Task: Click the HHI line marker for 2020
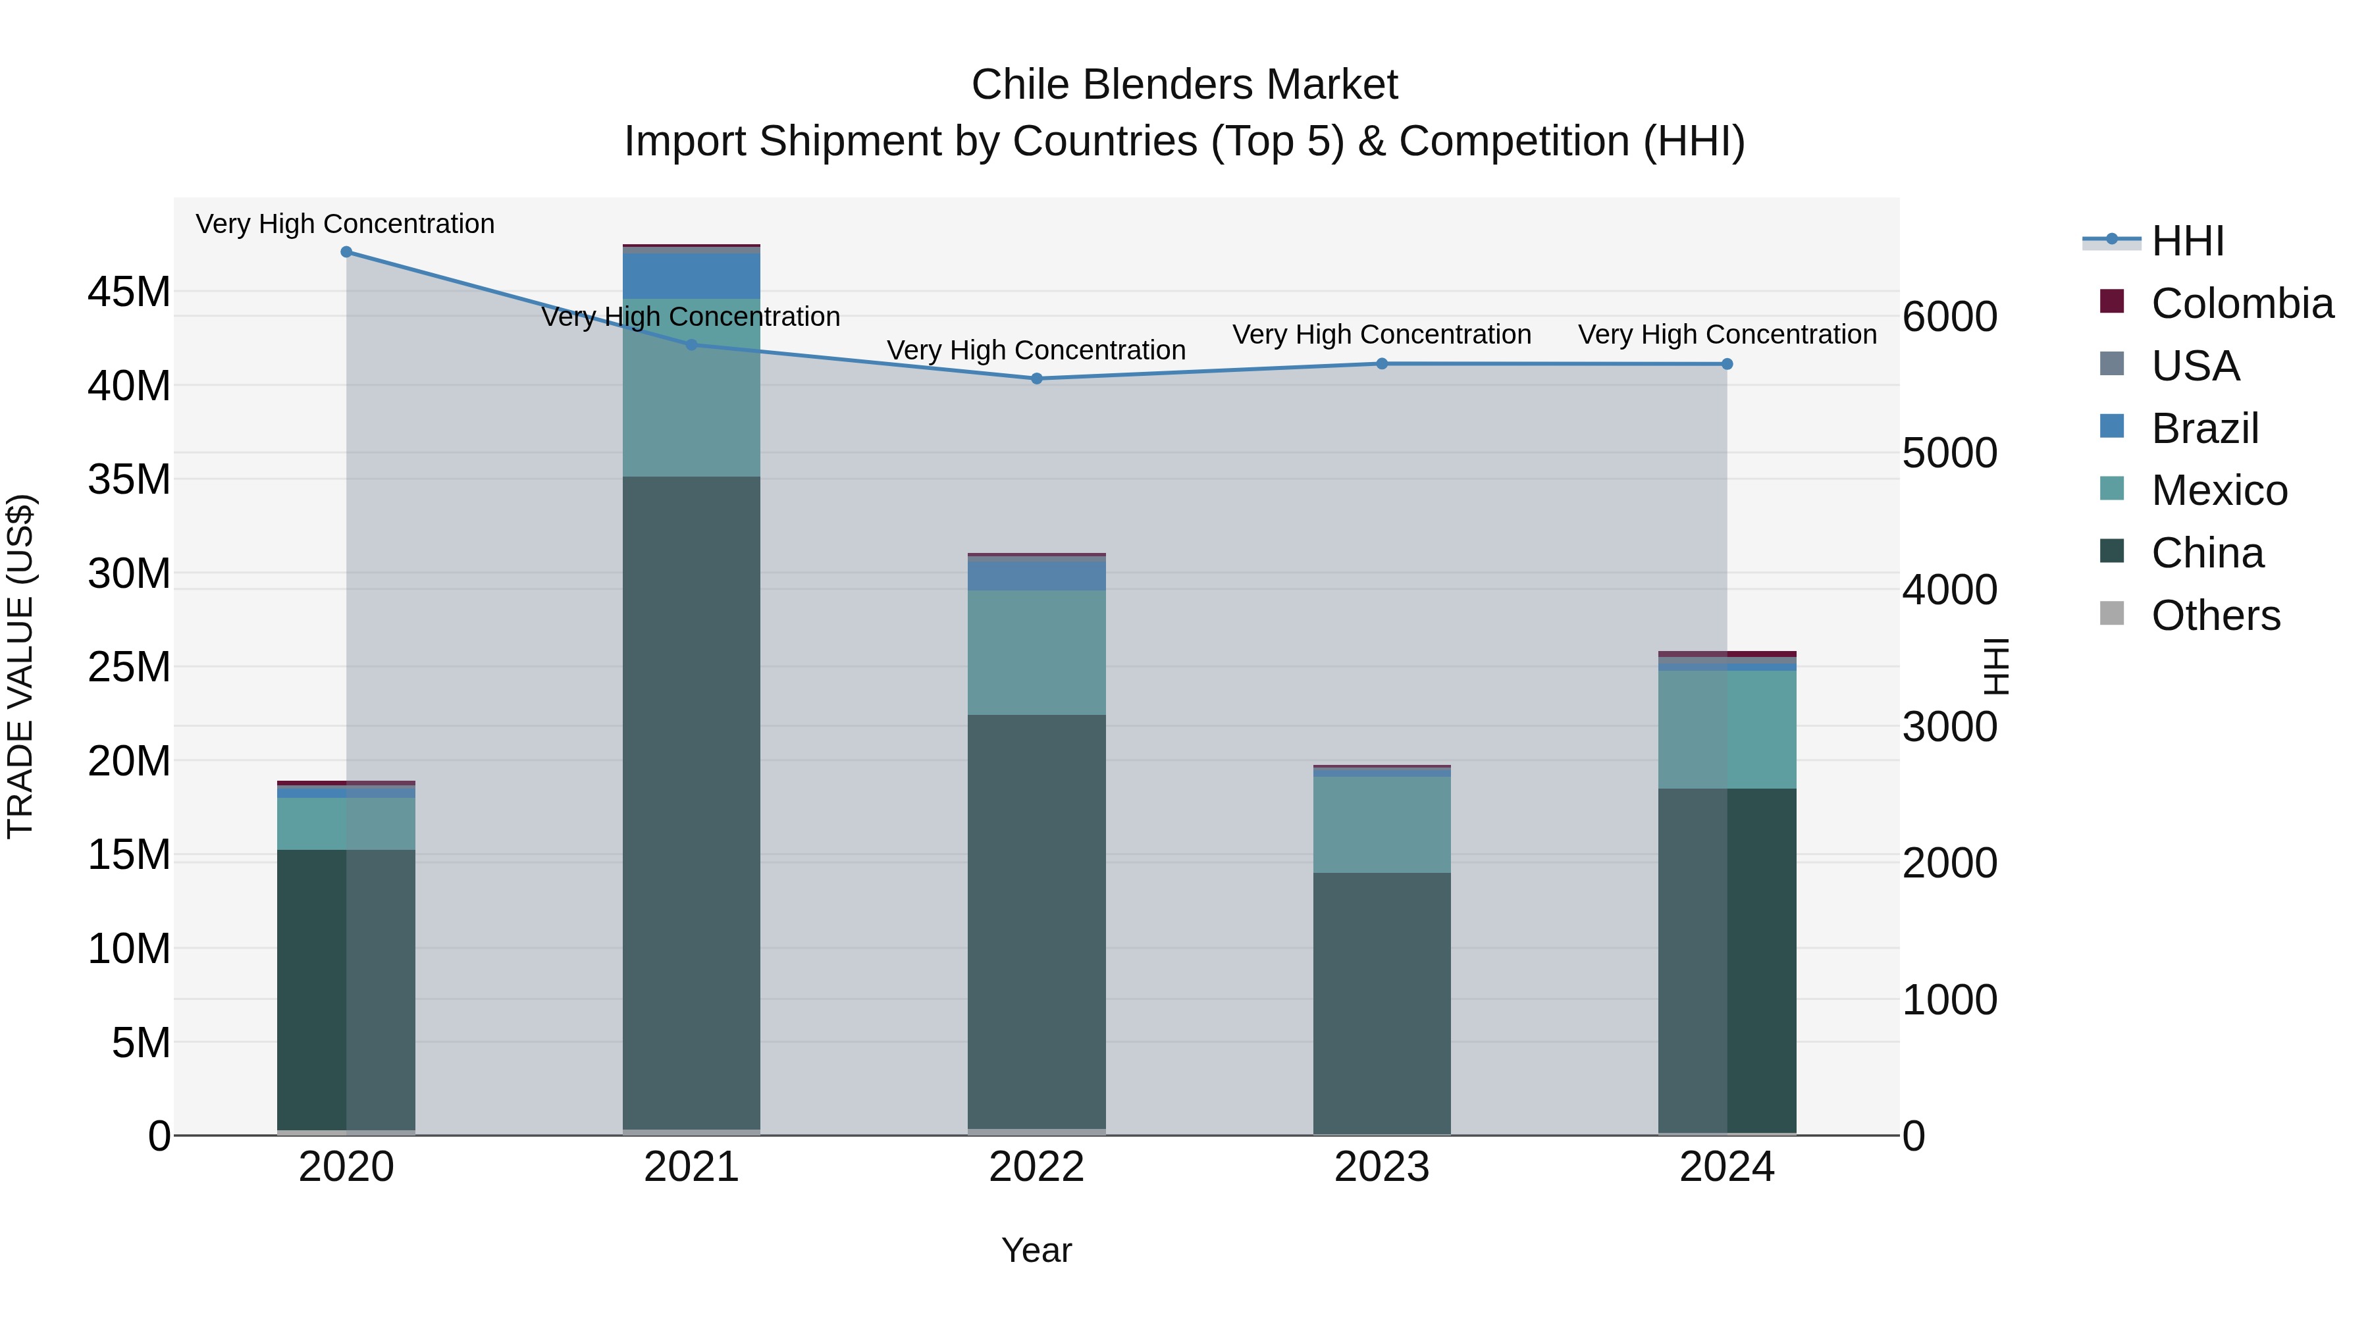[x=346, y=252]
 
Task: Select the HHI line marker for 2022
[x=1037, y=378]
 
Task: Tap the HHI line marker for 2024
[x=1727, y=364]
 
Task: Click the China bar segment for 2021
[x=691, y=800]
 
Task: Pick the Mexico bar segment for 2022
[x=1037, y=652]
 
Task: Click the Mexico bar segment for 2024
[x=1727, y=729]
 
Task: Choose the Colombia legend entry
[x=2241, y=303]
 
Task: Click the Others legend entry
[x=2215, y=615]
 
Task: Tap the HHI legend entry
[x=2187, y=241]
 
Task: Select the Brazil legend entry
[x=2203, y=429]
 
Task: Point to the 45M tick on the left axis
[x=129, y=292]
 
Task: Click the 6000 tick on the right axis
[x=1949, y=317]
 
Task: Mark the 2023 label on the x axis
[x=1382, y=1167]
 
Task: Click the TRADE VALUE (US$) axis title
[x=20, y=666]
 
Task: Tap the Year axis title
[x=1037, y=1250]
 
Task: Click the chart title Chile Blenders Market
[x=1184, y=85]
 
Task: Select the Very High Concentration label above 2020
[x=345, y=224]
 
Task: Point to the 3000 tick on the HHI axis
[x=1949, y=727]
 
